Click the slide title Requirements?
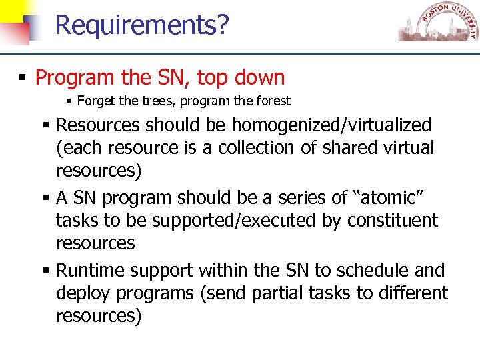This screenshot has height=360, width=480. tap(142, 25)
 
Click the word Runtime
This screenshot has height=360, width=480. tap(90, 271)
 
